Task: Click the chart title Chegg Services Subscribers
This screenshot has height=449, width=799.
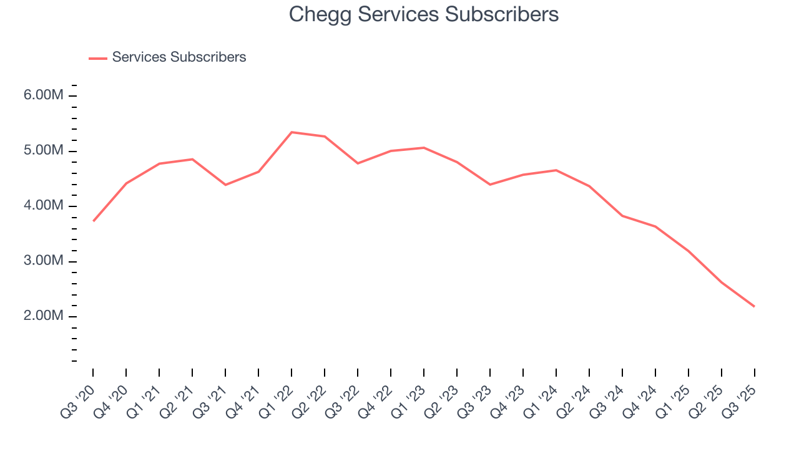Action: [423, 14]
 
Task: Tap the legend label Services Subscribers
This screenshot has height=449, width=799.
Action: [179, 57]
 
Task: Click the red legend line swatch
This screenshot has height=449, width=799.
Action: [98, 58]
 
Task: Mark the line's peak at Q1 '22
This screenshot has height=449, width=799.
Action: [292, 132]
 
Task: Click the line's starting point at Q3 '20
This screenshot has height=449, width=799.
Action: [94, 221]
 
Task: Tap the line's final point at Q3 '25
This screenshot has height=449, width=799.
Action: [754, 306]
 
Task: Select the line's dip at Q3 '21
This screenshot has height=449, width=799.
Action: [225, 185]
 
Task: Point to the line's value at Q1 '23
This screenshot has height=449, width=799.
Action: [424, 148]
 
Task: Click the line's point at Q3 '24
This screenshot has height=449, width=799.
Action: [622, 216]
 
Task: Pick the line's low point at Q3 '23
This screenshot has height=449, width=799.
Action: [490, 185]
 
